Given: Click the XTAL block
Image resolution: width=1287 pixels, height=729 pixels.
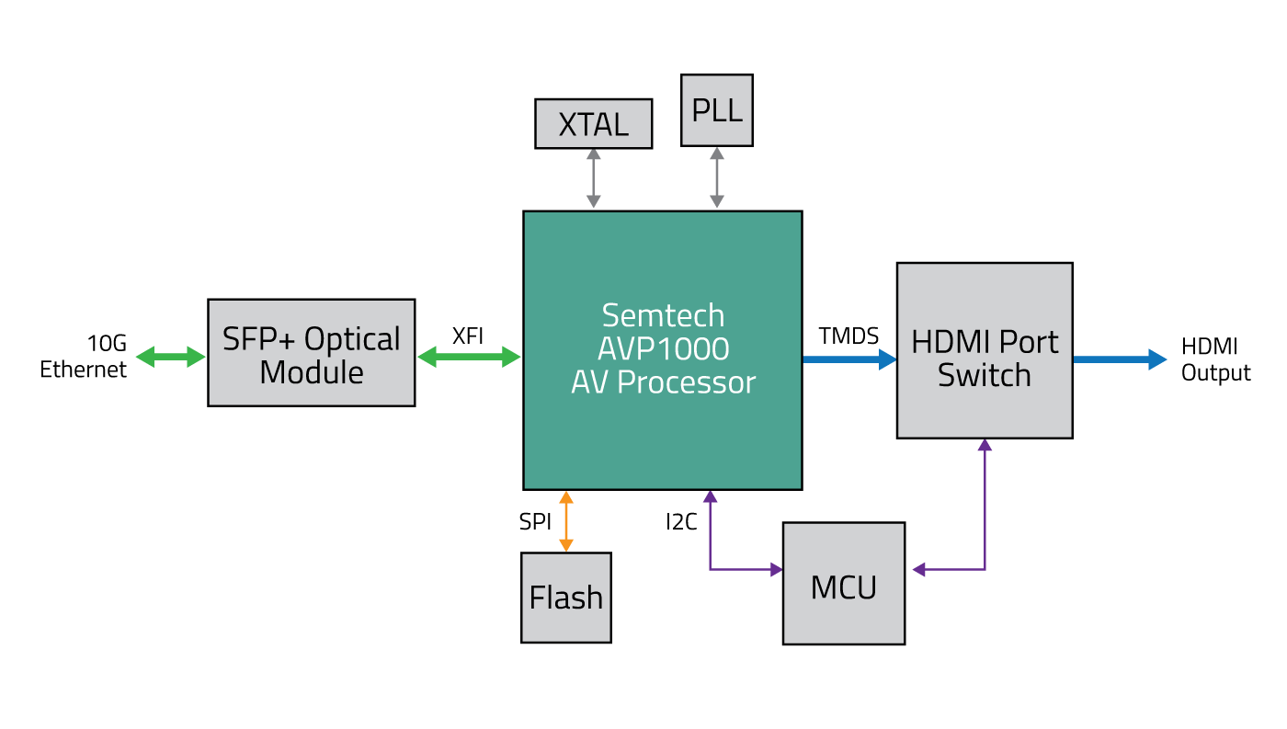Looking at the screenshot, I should pos(593,124).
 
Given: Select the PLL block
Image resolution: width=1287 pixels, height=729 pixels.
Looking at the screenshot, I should pos(716,110).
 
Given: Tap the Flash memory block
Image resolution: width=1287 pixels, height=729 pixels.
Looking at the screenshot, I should pos(565,598).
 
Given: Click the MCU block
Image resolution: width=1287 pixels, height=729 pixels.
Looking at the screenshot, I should pos(843,584).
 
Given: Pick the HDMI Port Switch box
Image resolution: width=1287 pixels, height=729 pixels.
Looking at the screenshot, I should pos(984,350).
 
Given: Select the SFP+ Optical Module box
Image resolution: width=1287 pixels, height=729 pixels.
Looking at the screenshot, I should pos(311,353).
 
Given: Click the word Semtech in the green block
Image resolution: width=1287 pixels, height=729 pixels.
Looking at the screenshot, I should pos(663,315).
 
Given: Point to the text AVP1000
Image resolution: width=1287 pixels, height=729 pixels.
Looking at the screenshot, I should pos(663,348).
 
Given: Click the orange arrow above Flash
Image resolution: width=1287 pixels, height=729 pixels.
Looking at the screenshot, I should pos(566,521).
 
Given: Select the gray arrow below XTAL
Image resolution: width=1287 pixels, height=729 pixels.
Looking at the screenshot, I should pos(594,177).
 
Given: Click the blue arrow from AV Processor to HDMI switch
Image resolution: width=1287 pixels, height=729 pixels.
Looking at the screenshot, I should pos(849,359).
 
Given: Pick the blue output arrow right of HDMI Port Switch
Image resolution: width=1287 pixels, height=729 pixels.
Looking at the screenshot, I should pos(1120,359).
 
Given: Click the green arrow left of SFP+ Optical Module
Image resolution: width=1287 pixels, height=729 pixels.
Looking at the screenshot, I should pos(171,357).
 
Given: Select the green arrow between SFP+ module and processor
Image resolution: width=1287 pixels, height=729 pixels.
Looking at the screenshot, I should pos(469,357).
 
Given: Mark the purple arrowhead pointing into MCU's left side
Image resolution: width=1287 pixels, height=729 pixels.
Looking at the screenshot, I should pos(775,570).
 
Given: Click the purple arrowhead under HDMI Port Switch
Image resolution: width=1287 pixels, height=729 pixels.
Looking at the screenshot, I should pos(985,446).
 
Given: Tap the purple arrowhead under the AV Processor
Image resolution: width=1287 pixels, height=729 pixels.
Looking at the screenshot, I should pos(710,497).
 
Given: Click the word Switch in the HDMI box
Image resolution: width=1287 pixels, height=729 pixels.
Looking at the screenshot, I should pos(984,375).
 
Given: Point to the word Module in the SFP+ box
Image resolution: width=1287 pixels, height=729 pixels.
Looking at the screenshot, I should pos(311,372).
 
